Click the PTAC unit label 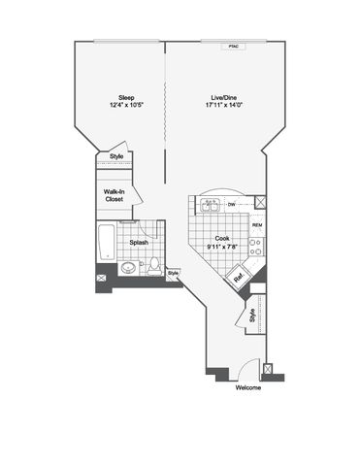[233, 47]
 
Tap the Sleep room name [126, 98]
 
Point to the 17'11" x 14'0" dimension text [224, 105]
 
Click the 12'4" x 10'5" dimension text [126, 105]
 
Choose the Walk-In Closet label [114, 195]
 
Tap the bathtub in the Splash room [107, 242]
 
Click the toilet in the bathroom [154, 266]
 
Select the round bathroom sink [129, 268]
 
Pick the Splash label [139, 243]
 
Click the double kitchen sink [210, 206]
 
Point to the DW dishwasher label [231, 205]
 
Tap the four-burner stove [256, 247]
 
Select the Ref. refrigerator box [237, 276]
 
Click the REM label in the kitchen [257, 225]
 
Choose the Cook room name [222, 239]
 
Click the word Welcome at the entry [248, 387]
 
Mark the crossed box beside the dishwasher [260, 203]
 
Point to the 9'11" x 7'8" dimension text [222, 247]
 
